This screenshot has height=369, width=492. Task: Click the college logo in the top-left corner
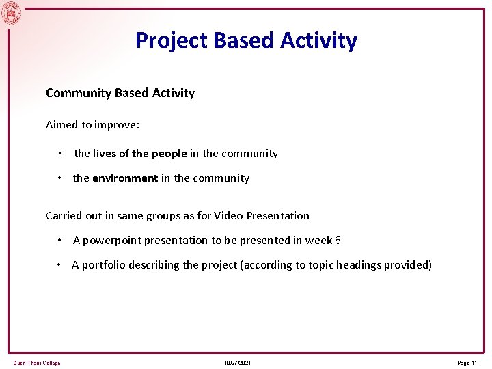pos(11,12)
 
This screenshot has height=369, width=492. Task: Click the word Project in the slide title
pos(172,40)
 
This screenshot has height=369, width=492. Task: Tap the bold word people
pos(169,154)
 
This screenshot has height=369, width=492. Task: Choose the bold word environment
pos(125,178)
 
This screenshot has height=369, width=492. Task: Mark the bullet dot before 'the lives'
pos(61,154)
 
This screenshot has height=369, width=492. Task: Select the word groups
pos(151,216)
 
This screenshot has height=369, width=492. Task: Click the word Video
pos(228,216)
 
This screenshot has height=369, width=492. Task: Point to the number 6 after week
pos(338,241)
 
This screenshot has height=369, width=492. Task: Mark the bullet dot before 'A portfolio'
pos(61,265)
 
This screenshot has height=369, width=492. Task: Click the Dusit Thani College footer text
pos(37,363)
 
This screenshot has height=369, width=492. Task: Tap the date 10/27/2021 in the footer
pos(237,363)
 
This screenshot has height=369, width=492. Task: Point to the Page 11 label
pos(467,363)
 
